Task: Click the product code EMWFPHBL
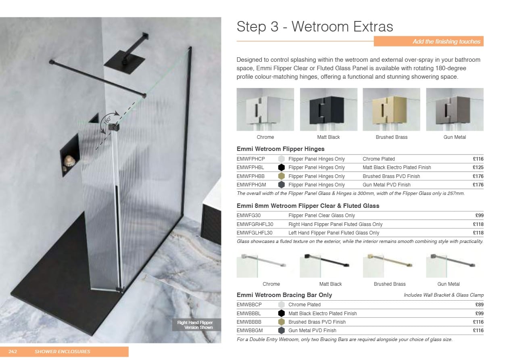pos(250,167)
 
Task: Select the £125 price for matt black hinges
pos(478,167)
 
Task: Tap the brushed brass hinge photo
pos(391,109)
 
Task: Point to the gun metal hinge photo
pos(455,109)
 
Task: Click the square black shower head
pos(125,62)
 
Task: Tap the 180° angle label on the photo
pos(107,120)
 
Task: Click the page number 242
pos(13,352)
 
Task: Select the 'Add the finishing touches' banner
pos(429,42)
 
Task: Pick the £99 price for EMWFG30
pos(480,216)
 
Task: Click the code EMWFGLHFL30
pos(254,233)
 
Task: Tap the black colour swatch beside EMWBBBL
pos(281,313)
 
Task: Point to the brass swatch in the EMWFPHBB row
pos(281,176)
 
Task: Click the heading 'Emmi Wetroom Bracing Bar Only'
pos(284,295)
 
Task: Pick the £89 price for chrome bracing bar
pos(480,305)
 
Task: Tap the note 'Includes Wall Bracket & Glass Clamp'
pos(444,295)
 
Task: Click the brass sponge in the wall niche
pos(69,161)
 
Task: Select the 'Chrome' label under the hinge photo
pos(265,137)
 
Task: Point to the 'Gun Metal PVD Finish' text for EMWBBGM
pos(312,331)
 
